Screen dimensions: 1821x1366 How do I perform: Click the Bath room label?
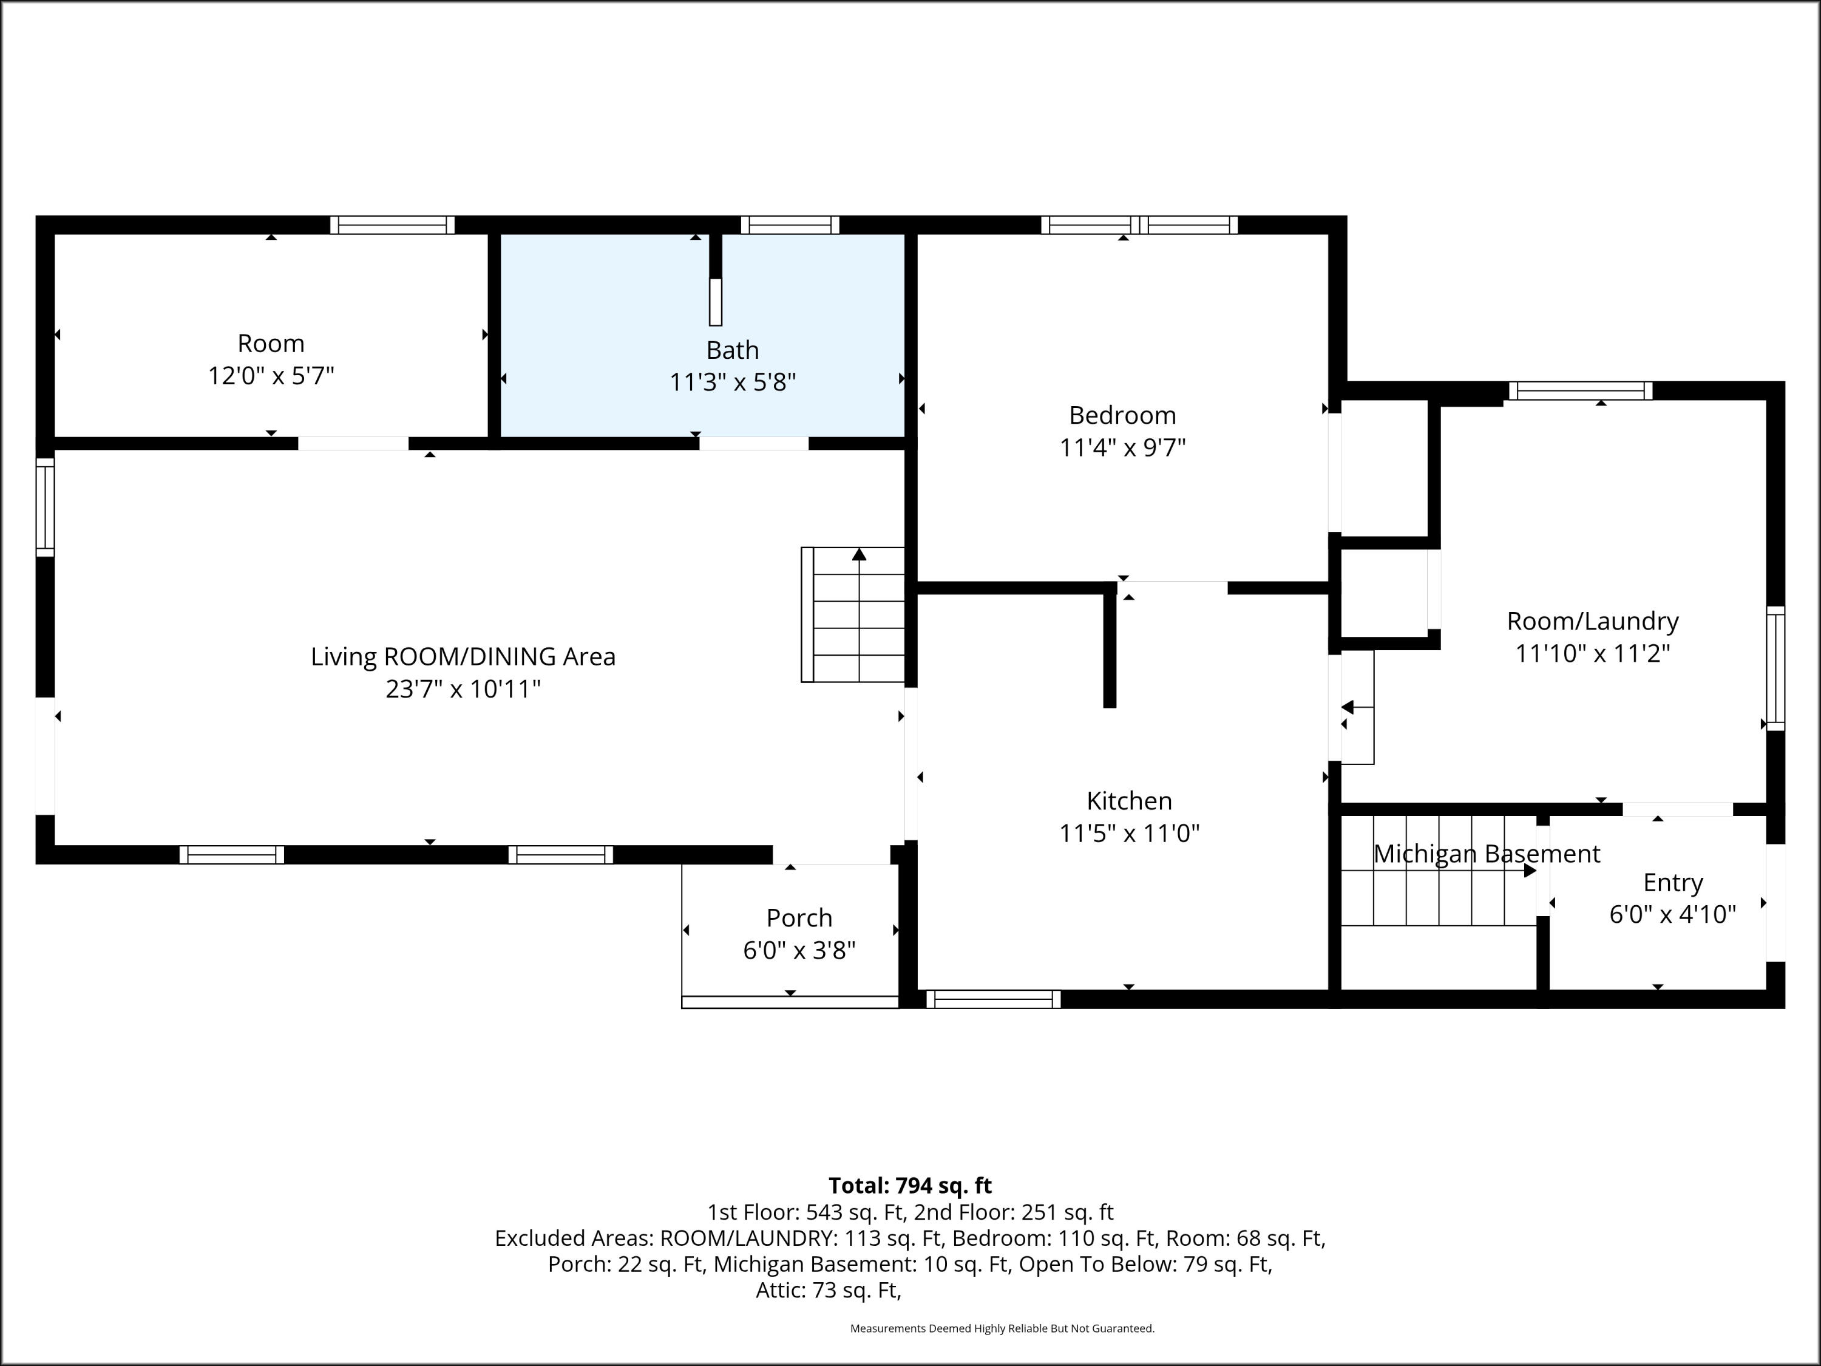pos(733,350)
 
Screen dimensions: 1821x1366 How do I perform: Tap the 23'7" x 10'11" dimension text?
pos(463,688)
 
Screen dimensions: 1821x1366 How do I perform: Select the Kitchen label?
pos(1128,800)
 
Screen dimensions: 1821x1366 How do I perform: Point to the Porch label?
pos(799,917)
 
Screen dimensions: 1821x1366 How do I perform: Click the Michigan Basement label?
pos(1487,854)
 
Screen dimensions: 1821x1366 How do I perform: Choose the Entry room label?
pos(1673,883)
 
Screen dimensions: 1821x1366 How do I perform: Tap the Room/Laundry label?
pos(1593,621)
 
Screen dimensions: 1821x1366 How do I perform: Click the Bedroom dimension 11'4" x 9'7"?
pos(1122,447)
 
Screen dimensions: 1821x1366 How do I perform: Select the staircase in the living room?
pos(853,614)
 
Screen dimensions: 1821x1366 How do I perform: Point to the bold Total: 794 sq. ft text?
pos(910,1186)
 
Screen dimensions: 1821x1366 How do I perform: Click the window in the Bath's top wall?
pos(790,225)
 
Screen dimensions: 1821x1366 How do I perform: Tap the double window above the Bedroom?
pos(1139,225)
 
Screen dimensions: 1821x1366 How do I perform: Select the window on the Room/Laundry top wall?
pos(1581,391)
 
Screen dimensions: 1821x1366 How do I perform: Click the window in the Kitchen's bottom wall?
pos(994,999)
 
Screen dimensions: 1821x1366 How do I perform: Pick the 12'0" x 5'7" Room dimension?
pos(271,375)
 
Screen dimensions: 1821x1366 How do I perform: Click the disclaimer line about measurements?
pos(1002,1328)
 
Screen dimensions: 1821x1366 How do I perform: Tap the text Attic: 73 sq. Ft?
pos(828,1290)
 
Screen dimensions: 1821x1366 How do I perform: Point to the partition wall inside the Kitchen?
pos(1110,647)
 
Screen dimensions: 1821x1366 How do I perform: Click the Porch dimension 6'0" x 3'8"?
pos(799,950)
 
